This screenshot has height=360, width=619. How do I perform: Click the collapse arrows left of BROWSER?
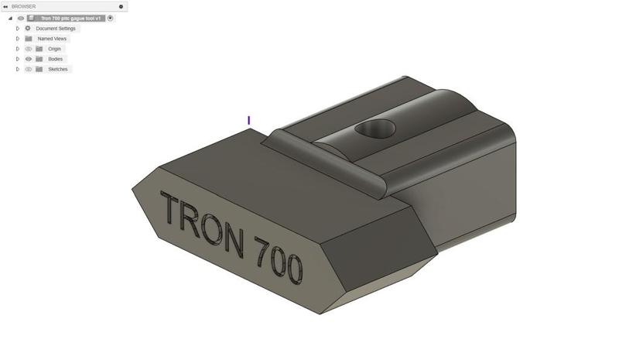pyautogui.click(x=5, y=6)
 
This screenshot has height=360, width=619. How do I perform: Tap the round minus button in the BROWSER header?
pyautogui.click(x=121, y=6)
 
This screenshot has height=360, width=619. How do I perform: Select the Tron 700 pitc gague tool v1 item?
pyautogui.click(x=70, y=18)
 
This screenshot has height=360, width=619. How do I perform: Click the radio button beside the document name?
pyautogui.click(x=110, y=18)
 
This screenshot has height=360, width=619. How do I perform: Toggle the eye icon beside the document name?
pyautogui.click(x=21, y=18)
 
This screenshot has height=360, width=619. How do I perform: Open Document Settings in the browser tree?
pyautogui.click(x=56, y=29)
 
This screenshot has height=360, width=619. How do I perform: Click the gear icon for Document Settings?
pyautogui.click(x=28, y=29)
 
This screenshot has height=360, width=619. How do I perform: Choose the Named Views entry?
pyautogui.click(x=52, y=39)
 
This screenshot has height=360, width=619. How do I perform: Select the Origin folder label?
pyautogui.click(x=54, y=49)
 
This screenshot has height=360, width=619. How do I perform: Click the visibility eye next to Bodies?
pyautogui.click(x=28, y=59)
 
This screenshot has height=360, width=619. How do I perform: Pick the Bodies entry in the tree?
pyautogui.click(x=55, y=59)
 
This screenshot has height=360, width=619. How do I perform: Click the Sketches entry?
pyautogui.click(x=57, y=69)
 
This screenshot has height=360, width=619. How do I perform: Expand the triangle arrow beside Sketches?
pyautogui.click(x=17, y=69)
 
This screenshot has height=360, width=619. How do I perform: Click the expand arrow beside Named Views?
pyautogui.click(x=17, y=39)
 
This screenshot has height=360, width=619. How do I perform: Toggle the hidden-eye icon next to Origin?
pyautogui.click(x=28, y=49)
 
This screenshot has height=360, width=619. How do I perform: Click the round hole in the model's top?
pyautogui.click(x=375, y=129)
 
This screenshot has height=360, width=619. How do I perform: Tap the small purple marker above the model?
pyautogui.click(x=248, y=120)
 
